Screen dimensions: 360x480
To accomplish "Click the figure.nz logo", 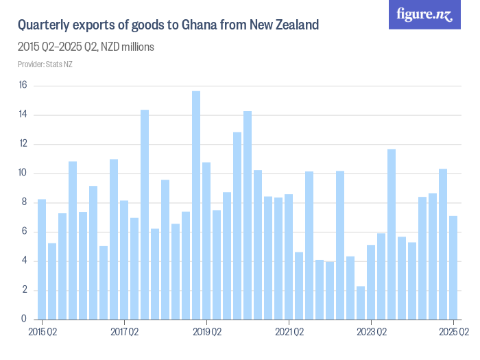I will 424,14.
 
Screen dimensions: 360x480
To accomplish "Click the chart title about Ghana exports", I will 168,26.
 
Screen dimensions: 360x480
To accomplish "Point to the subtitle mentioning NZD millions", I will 86,47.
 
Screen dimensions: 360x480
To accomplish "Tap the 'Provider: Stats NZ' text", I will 45,64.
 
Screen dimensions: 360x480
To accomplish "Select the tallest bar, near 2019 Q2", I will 196,205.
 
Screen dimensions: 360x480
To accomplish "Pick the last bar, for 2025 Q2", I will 453,267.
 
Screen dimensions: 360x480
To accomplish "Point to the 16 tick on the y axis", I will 23,86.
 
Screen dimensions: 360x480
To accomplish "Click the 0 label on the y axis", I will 24,319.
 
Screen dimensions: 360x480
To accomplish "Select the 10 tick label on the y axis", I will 23,173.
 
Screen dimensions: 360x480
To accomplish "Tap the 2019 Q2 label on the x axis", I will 206,333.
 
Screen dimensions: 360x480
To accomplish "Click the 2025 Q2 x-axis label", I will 453,333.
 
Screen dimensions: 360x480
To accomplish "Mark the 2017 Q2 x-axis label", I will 124,333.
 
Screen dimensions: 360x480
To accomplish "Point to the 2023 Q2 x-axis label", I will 371,333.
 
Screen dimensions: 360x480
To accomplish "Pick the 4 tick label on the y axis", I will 24,261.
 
